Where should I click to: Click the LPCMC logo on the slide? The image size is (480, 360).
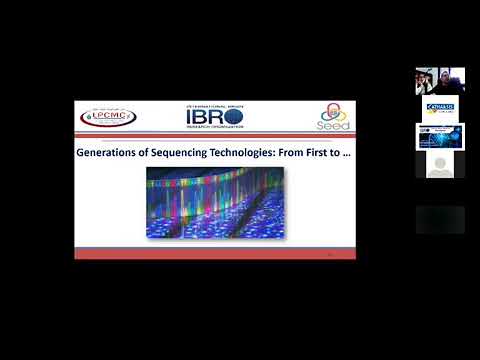click(x=109, y=117)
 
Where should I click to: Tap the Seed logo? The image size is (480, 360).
click(x=334, y=118)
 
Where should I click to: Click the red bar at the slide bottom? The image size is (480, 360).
click(x=215, y=255)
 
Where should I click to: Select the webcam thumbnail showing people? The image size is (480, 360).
click(x=440, y=82)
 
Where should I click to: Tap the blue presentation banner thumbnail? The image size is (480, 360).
click(x=440, y=136)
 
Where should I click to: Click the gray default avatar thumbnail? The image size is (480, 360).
click(x=440, y=164)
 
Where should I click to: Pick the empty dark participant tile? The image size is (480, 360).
click(x=440, y=220)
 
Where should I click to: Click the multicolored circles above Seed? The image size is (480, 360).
click(x=334, y=112)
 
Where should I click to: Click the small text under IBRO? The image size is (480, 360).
click(x=215, y=128)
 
